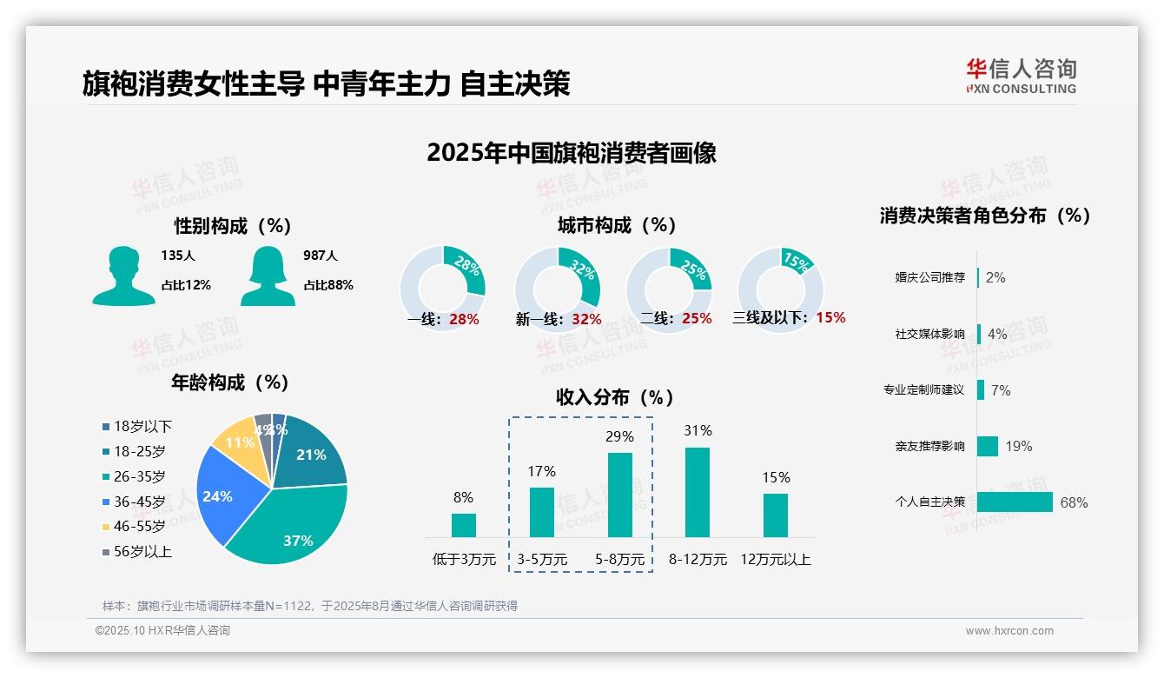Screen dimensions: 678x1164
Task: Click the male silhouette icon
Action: click(123, 276)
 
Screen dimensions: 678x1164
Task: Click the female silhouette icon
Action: click(267, 276)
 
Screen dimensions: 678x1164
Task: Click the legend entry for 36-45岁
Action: click(139, 502)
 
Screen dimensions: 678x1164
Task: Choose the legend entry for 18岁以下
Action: click(142, 426)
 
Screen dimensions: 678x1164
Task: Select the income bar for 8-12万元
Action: click(698, 492)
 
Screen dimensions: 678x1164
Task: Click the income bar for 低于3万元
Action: click(463, 525)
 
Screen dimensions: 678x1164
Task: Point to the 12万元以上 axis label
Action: click(775, 560)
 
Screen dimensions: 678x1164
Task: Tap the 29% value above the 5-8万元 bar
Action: click(619, 436)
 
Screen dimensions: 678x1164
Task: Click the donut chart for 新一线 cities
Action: click(557, 289)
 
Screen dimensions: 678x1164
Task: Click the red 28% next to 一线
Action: click(464, 319)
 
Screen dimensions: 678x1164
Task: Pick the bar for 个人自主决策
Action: click(1014, 502)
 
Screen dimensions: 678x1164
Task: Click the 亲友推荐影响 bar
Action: click(987, 446)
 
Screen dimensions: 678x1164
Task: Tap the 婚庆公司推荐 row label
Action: click(929, 278)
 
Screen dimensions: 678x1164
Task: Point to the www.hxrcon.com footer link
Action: click(1009, 631)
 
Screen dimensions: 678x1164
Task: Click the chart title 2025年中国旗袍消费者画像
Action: click(571, 153)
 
